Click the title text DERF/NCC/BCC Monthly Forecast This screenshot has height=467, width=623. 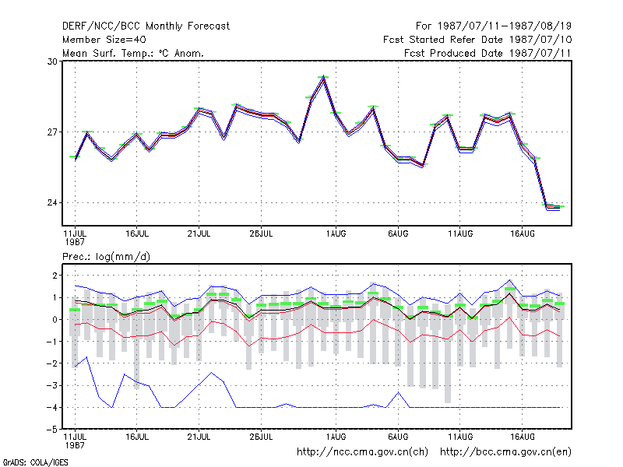click(x=146, y=26)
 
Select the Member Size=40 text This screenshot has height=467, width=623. click(x=104, y=40)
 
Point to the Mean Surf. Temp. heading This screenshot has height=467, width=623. click(x=133, y=53)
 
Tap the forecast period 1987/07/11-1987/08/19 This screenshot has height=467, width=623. click(x=494, y=26)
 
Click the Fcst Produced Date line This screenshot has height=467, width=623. click(x=487, y=53)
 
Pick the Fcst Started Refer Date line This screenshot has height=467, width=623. click(x=477, y=40)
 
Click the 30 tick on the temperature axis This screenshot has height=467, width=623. click(x=52, y=61)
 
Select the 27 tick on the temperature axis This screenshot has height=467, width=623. click(x=52, y=132)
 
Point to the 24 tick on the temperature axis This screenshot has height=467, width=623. click(x=52, y=203)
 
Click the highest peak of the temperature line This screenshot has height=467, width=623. click(x=324, y=76)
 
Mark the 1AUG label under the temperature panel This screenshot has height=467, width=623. click(x=336, y=234)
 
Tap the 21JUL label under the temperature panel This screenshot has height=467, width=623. click(x=199, y=234)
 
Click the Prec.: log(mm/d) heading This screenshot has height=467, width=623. click(x=107, y=257)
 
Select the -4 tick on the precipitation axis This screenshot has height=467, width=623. click(x=52, y=408)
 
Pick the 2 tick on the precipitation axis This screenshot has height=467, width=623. click(x=55, y=276)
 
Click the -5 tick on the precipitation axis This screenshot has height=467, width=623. click(x=52, y=430)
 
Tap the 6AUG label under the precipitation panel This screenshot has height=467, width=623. click(x=398, y=437)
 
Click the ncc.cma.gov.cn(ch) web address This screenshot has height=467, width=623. click(x=363, y=452)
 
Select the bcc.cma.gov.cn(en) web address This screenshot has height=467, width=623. click(x=505, y=452)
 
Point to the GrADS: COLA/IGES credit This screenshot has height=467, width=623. click(x=35, y=462)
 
